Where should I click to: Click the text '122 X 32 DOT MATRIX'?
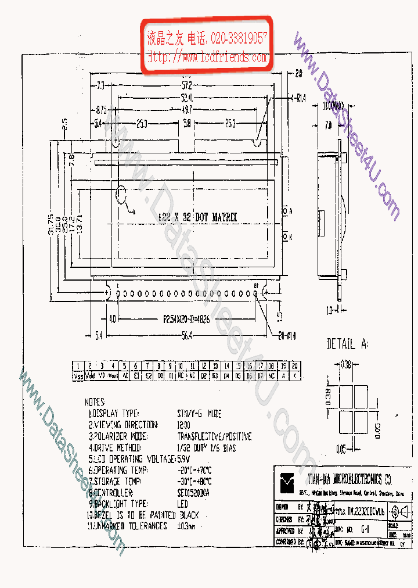198,217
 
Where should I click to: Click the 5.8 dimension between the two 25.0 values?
186,124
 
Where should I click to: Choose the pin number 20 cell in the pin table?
295,366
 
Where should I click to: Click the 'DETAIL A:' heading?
347,344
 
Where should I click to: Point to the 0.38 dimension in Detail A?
347,364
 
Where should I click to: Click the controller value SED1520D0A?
194,492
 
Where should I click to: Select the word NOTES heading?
95,402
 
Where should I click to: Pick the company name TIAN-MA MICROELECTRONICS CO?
350,479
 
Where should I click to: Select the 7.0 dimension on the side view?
328,124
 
